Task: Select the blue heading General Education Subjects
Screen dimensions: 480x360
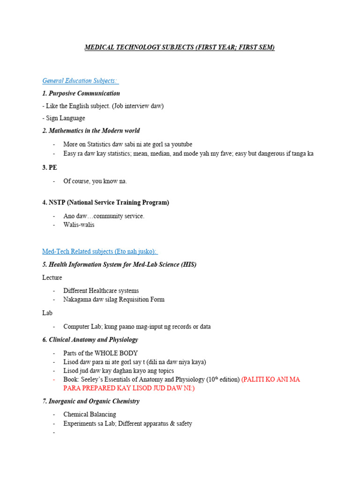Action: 80,81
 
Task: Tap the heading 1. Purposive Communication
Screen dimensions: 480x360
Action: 81,93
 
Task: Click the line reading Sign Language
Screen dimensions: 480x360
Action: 65,118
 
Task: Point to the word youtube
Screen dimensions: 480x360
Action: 181,144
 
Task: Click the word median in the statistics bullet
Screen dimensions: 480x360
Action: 168,153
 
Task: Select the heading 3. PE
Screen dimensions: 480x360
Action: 50,167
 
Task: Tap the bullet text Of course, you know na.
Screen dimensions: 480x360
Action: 95,181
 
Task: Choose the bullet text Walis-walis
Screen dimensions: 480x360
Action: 79,225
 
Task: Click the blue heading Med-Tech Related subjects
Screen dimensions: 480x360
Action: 99,252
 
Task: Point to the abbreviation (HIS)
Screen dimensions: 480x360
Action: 187,264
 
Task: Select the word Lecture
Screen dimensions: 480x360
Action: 52,277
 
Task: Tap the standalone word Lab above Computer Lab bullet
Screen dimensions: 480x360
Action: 47,313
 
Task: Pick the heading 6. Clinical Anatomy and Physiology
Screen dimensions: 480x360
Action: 90,339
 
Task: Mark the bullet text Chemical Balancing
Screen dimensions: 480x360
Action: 90,414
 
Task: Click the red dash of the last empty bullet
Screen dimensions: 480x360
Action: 54,433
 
